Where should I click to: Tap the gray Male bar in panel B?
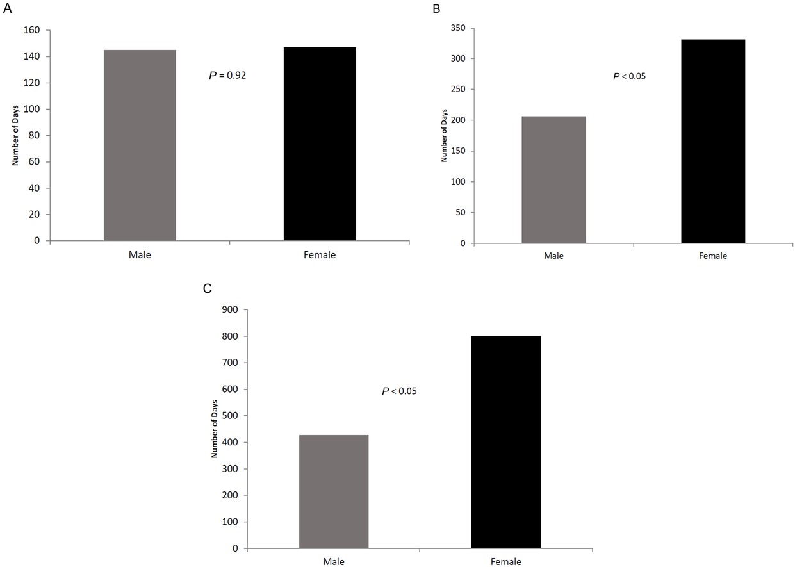[553, 179]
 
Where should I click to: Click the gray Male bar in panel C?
[334, 491]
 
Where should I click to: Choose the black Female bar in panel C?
[506, 442]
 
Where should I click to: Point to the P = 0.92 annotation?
[228, 76]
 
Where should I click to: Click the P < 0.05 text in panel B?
[630, 77]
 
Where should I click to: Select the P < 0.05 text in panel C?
[399, 390]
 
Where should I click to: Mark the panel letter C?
[207, 288]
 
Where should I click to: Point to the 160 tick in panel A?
[33, 30]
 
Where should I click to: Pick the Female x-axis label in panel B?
[713, 256]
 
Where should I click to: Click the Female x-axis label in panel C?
[506, 562]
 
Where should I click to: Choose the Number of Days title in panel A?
[14, 135]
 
